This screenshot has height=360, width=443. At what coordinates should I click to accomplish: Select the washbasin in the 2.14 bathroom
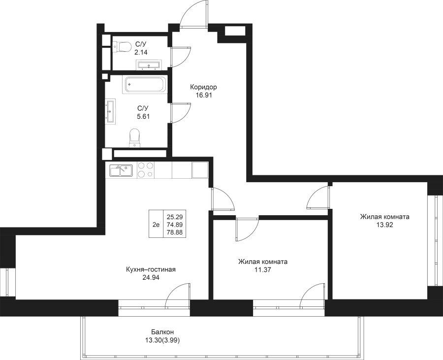pos(148,65)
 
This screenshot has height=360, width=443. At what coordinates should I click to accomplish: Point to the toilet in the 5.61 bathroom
pos(134,137)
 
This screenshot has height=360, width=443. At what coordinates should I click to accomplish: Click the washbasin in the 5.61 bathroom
pos(110,110)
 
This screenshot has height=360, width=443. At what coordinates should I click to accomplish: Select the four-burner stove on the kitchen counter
pos(145,170)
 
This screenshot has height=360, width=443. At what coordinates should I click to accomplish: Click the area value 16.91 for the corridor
pos(204,96)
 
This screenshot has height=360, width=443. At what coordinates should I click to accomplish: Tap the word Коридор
pos(204,87)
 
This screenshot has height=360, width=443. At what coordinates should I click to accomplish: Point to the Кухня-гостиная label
pos(151,270)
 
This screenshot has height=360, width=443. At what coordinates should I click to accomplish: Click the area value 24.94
pos(151,278)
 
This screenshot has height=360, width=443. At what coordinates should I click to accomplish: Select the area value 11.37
pos(262,270)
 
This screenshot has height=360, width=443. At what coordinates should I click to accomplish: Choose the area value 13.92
pos(384,225)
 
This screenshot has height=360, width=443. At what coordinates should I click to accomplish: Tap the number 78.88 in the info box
pos(175,232)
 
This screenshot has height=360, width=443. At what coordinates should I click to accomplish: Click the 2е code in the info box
pos(156,225)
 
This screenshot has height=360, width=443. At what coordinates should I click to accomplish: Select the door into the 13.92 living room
pos(317,197)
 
